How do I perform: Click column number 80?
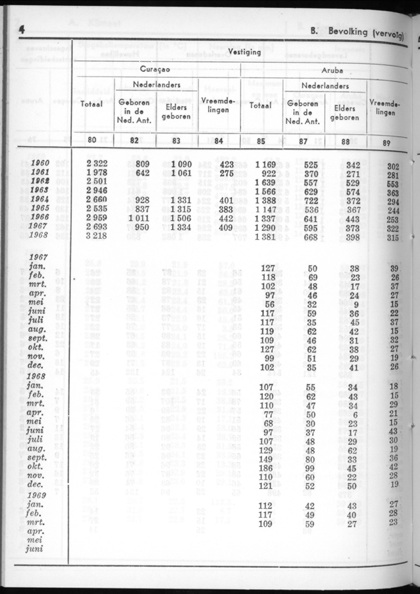point(92,140)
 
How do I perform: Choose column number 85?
point(261,141)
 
